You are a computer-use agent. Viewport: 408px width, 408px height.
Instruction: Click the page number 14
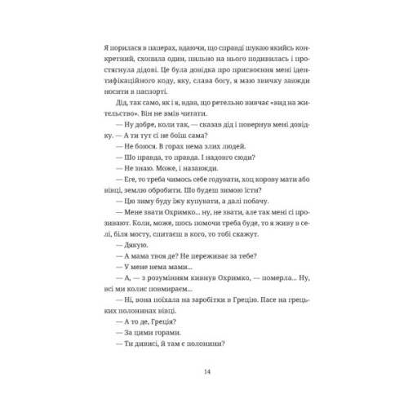point(203,372)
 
